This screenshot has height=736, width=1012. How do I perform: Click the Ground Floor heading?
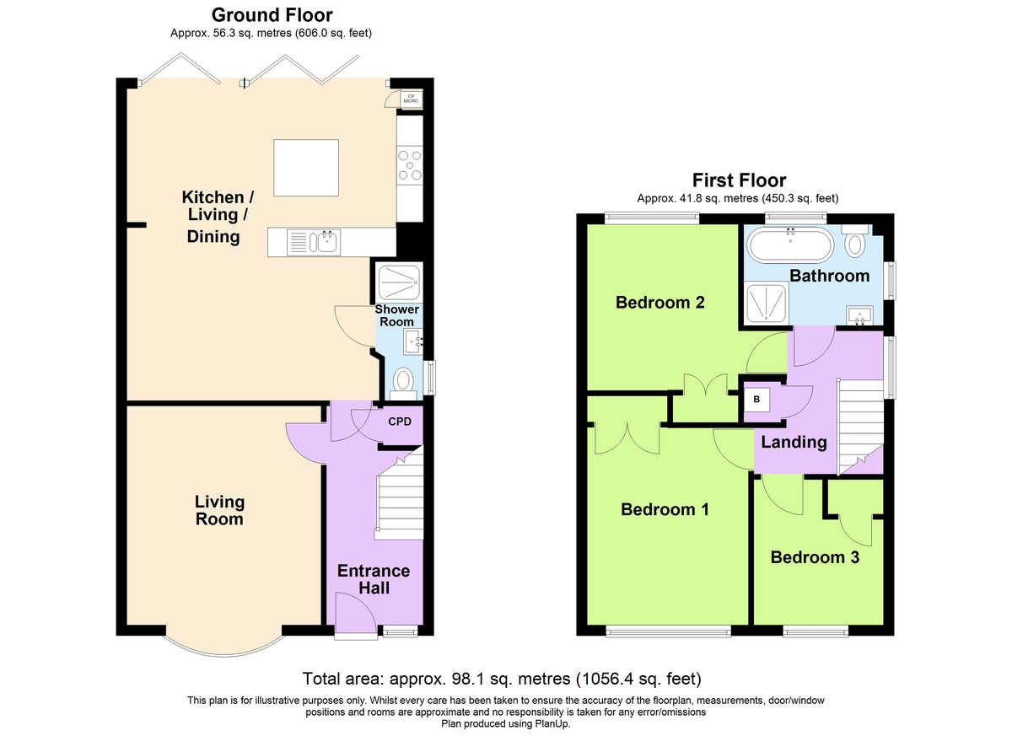tap(272, 15)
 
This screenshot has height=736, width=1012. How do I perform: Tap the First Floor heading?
tap(739, 180)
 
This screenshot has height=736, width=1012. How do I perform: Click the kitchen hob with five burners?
tap(410, 166)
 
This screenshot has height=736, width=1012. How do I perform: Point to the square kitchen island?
tap(306, 168)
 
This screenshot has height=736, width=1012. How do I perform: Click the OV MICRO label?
tap(411, 99)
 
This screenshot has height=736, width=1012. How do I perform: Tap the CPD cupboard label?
tap(400, 422)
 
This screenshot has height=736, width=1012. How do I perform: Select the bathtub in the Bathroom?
tap(790, 244)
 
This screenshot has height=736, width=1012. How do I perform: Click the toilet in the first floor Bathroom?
tap(855, 242)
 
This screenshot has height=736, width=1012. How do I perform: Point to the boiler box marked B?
tap(756, 399)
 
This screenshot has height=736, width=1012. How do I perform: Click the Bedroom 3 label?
tap(815, 557)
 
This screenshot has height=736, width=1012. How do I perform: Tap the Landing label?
tap(794, 442)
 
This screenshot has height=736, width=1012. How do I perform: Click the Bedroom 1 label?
tap(665, 509)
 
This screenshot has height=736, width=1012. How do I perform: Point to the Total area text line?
tap(502, 679)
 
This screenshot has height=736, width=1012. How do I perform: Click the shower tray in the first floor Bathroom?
tap(766, 303)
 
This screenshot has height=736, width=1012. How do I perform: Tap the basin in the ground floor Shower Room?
tap(413, 341)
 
